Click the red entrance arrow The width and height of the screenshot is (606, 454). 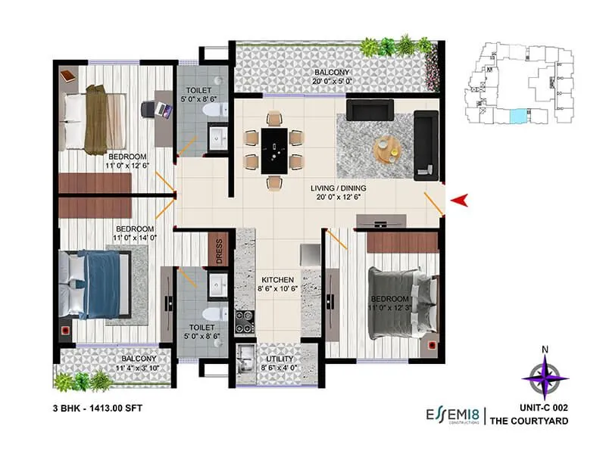(460, 200)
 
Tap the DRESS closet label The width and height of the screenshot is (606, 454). (218, 252)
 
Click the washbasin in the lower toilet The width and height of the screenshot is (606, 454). (216, 287)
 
